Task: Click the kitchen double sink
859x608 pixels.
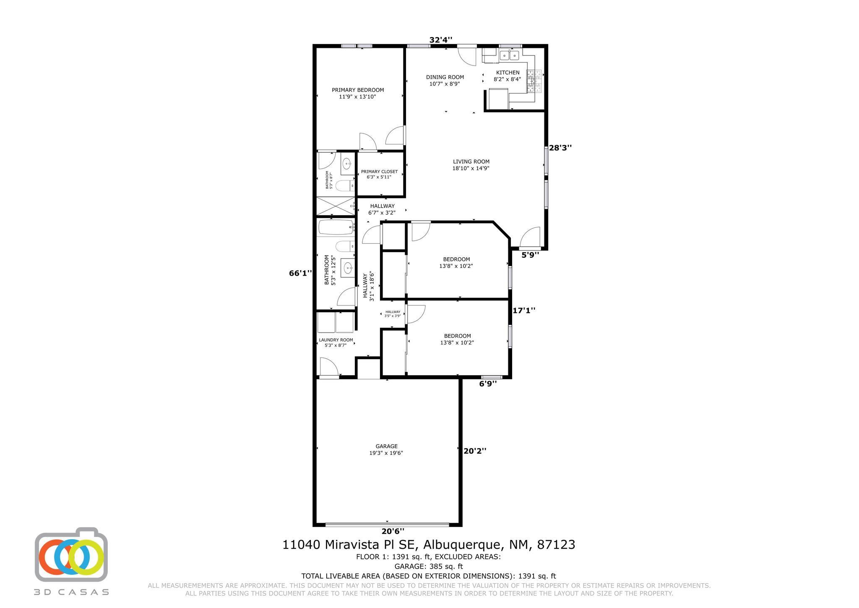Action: pos(509,55)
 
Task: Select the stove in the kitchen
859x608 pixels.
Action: pos(534,81)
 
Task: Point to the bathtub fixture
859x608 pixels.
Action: pos(336,227)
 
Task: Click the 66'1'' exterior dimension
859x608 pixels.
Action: pos(300,273)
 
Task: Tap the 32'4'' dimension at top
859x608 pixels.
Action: pos(441,40)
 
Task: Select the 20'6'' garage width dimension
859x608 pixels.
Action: pos(393,531)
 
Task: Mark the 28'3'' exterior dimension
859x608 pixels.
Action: pos(560,148)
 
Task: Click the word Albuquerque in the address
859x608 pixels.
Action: pos(462,545)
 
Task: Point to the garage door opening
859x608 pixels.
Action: pos(387,524)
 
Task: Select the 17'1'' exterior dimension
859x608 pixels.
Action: pos(524,311)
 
